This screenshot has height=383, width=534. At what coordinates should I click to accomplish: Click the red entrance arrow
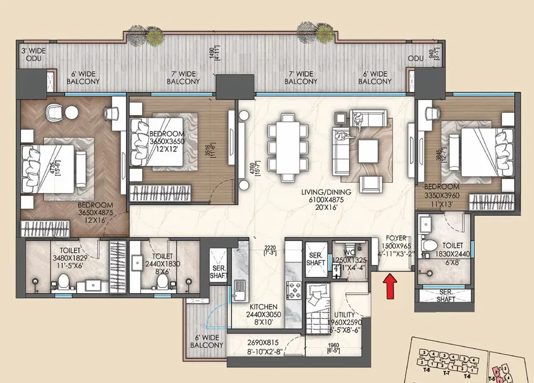pyautogui.click(x=391, y=285)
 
